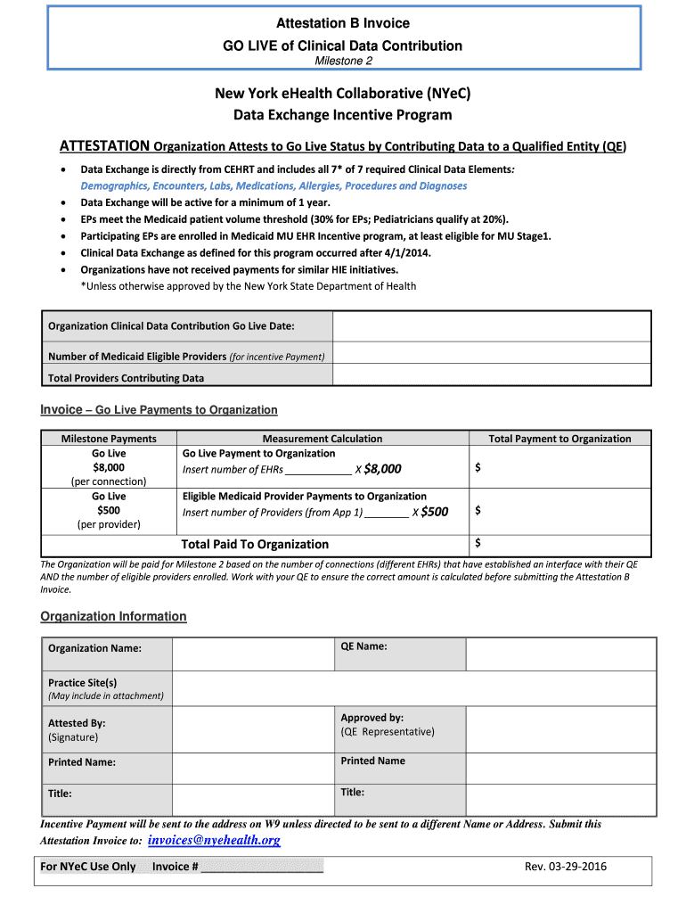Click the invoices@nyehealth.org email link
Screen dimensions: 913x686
coord(214,841)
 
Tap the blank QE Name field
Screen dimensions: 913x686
coord(559,654)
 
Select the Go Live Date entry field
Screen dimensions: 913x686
coord(491,325)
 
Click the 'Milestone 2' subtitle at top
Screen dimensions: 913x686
coord(343,61)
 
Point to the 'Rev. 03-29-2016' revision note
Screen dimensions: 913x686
coord(566,867)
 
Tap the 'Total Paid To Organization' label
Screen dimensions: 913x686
coord(255,544)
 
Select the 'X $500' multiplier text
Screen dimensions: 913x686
coord(430,512)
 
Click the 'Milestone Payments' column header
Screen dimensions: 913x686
coord(109,439)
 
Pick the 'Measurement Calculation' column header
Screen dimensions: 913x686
coord(323,439)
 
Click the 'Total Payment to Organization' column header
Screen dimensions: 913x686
coord(559,439)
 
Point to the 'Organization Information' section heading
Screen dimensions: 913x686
coord(114,616)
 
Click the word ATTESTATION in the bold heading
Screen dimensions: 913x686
coord(103,146)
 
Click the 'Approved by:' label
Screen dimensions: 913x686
coord(372,718)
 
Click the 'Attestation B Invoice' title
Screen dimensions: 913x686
coord(343,23)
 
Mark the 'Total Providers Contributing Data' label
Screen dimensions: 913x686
coord(126,378)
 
